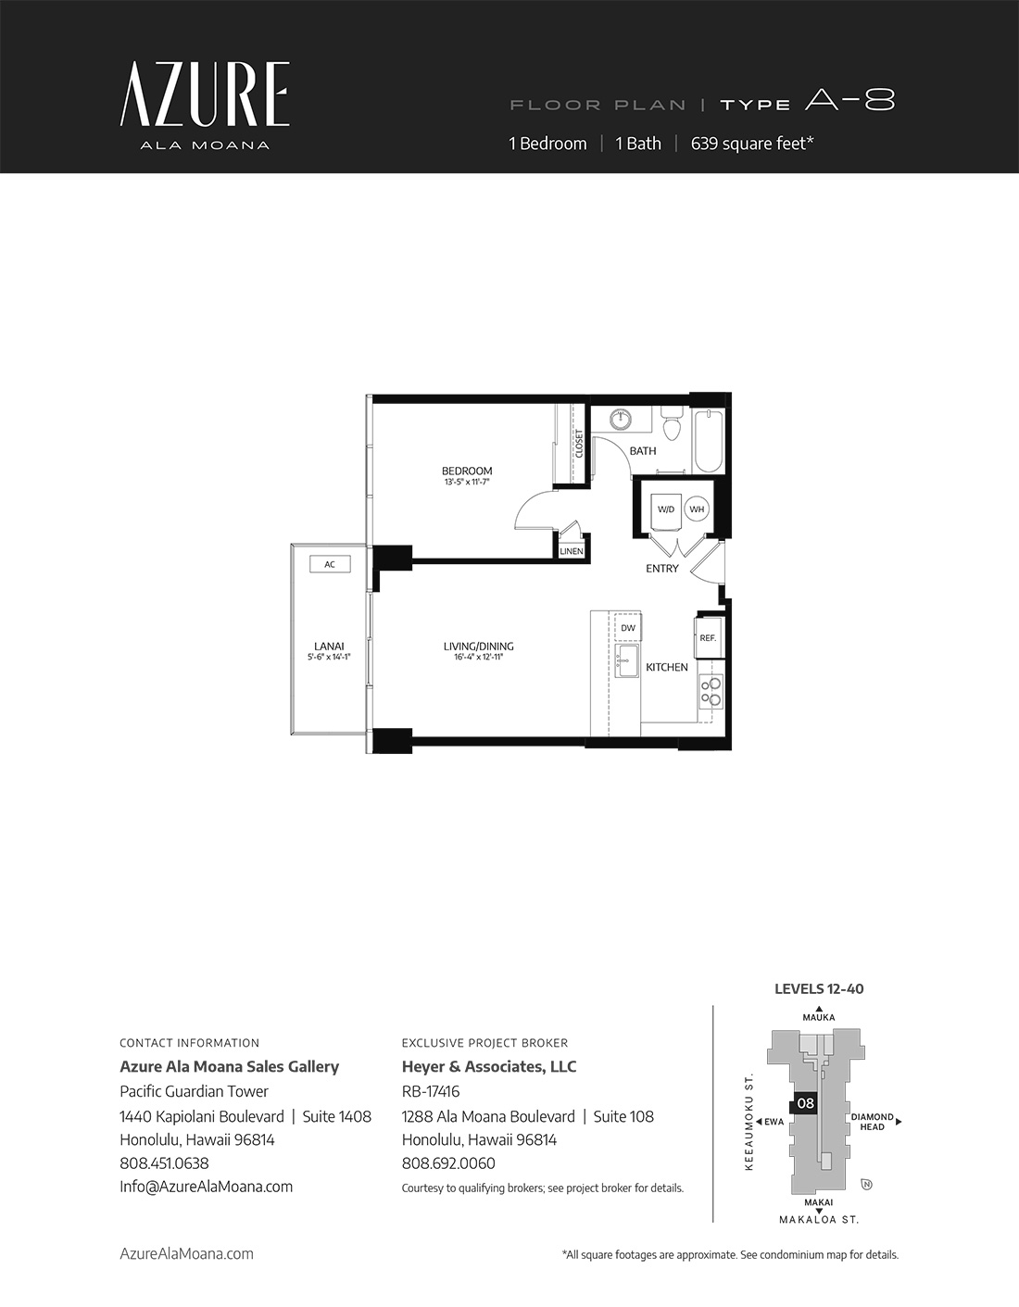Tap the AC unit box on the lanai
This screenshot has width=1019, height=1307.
[330, 564]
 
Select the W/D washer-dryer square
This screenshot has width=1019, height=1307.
[666, 509]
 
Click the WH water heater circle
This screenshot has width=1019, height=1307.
[697, 509]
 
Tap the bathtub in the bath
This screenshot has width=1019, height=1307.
[708, 442]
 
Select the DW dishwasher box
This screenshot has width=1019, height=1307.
[627, 628]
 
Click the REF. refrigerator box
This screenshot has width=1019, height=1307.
[708, 638]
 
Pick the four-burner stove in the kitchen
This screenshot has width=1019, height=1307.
[711, 692]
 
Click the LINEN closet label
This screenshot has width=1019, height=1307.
[571, 551]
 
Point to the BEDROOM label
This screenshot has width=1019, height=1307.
[467, 471]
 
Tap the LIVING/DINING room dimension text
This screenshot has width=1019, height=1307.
[478, 658]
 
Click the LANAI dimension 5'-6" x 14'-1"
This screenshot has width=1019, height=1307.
[329, 658]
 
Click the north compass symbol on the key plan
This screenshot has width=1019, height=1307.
[867, 1185]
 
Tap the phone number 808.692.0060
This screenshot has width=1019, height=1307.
[448, 1163]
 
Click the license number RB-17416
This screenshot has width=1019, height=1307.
[431, 1092]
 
